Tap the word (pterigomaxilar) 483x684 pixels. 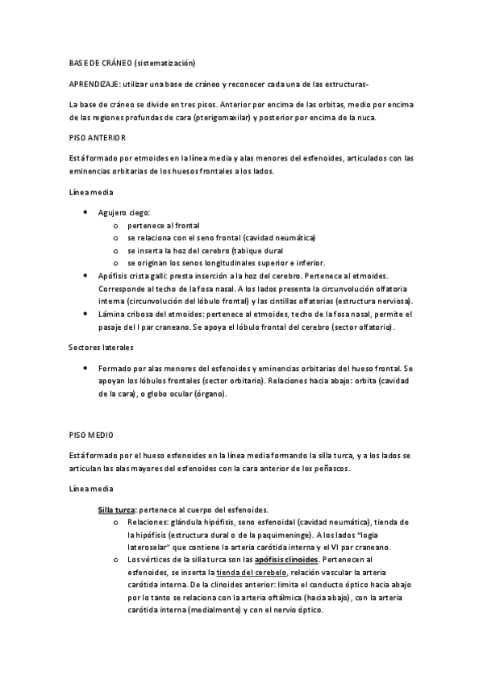tap(221, 118)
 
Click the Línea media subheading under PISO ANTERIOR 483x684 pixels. tap(91, 194)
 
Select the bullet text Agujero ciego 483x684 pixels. tap(119, 213)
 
